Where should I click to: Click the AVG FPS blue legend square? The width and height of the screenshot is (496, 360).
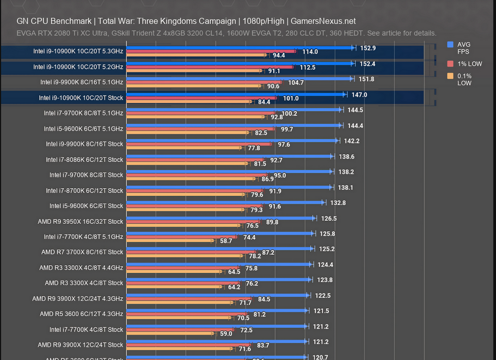coord(450,45)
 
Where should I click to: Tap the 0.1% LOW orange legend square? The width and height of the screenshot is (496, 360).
coord(450,76)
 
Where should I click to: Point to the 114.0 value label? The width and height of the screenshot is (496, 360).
coord(310,52)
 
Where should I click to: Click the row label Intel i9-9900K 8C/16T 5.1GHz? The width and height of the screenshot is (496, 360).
coord(82,82)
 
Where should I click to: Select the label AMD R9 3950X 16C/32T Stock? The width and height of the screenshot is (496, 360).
coord(82,222)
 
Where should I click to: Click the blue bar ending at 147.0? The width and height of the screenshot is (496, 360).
coord(234,94)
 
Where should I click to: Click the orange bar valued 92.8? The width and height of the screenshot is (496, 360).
coord(196,117)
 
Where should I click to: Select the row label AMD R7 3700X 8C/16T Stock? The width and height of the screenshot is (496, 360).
coord(82,252)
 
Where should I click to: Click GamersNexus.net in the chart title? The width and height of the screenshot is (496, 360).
coord(323,21)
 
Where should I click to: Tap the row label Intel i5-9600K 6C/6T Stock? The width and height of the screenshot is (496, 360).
coord(86,206)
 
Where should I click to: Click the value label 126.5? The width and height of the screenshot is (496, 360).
coord(329,218)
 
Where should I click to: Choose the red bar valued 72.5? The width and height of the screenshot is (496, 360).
coord(180,330)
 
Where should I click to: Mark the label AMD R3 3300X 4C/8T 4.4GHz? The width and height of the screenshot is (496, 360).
coord(81,268)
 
